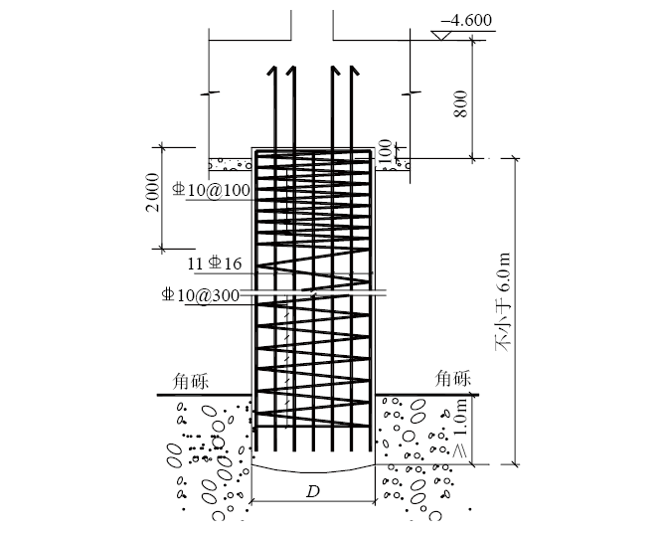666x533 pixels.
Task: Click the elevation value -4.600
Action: [x=466, y=21]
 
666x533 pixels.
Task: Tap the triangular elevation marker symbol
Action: [x=441, y=35]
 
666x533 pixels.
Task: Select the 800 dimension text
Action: [x=460, y=103]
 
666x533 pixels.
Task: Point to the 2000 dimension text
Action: [x=152, y=192]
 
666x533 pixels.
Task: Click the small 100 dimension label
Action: [x=385, y=152]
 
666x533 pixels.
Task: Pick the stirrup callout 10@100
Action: [x=211, y=190]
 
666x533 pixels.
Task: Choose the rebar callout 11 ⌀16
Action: [x=215, y=264]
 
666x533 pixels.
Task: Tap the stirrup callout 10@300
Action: [x=201, y=295]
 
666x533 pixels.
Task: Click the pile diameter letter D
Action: [x=313, y=492]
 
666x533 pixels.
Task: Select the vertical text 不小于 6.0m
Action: [x=504, y=302]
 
